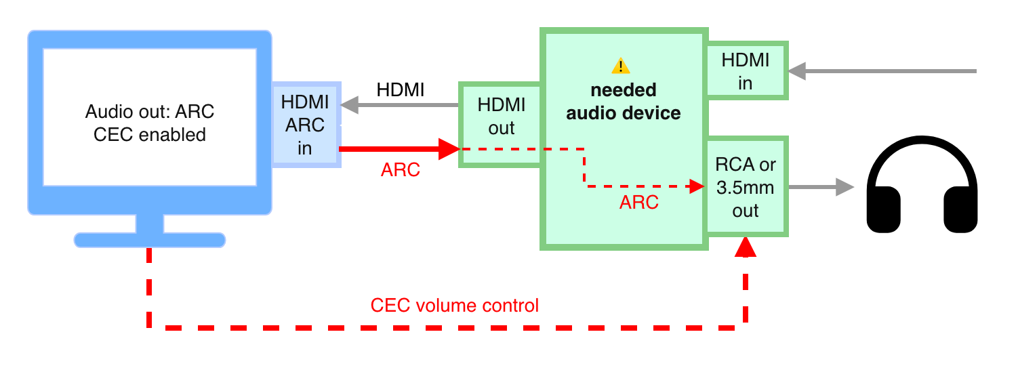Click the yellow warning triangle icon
tap(621, 66)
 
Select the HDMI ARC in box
tap(305, 125)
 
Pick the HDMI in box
tap(746, 70)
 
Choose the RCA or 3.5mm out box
tap(746, 187)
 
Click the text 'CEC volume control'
tap(454, 306)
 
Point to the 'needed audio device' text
tap(624, 102)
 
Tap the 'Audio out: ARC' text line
tap(150, 111)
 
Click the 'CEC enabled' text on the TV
tap(150, 134)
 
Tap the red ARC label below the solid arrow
tap(401, 170)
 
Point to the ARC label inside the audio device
tap(639, 202)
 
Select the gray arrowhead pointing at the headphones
tap(844, 187)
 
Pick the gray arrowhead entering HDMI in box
tap(797, 70)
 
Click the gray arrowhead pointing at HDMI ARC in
tap(350, 105)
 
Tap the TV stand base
tap(149, 239)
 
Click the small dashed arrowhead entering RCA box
tap(696, 186)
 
